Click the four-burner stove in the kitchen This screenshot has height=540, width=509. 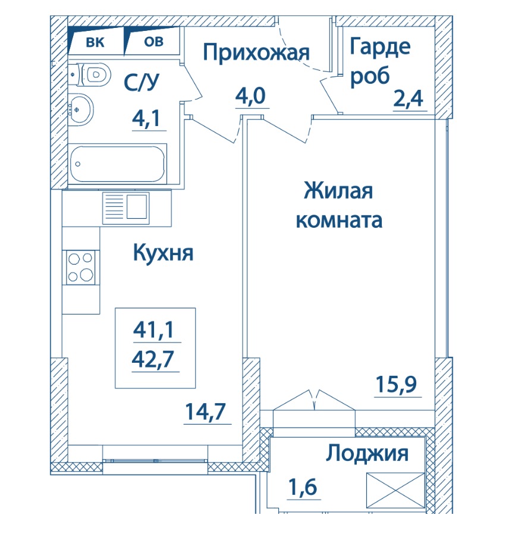81,267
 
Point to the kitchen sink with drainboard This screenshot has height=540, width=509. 125,208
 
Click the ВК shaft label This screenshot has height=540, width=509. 95,43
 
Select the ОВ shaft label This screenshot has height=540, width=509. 153,42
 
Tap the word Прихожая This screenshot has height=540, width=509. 256,53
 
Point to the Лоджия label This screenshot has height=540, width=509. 367,454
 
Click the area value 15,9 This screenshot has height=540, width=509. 397,385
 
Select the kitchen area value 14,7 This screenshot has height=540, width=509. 205,412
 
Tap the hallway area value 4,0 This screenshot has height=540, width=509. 251,96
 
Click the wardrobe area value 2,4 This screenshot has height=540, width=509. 408,99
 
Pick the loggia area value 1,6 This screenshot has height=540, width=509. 303,486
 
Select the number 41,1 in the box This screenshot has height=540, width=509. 154,330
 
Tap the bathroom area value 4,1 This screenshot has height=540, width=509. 146,118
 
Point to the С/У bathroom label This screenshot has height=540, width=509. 142,82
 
